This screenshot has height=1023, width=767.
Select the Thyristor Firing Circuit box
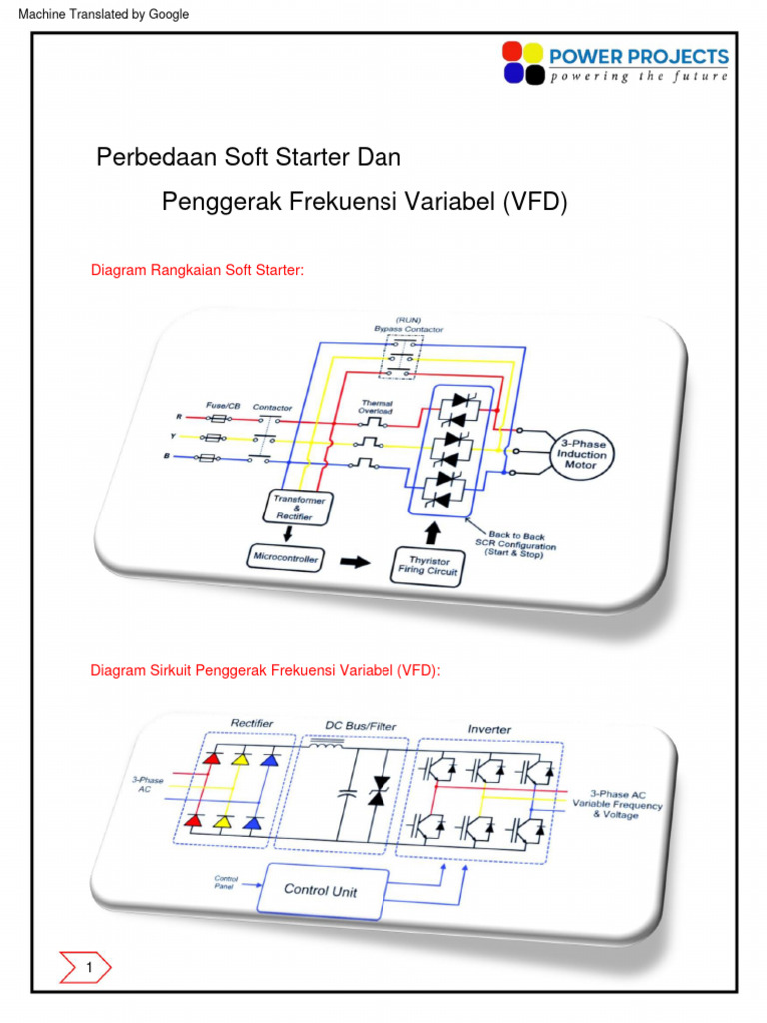click(427, 566)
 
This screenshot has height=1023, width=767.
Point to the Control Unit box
click(320, 889)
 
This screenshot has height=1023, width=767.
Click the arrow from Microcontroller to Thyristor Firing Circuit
click(354, 561)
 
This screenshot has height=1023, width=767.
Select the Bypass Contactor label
click(408, 328)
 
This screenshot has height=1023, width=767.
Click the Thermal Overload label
click(376, 406)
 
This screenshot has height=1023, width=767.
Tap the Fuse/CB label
click(223, 405)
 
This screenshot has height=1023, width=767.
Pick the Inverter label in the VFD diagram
click(489, 729)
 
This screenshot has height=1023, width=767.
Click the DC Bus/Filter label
click(355, 725)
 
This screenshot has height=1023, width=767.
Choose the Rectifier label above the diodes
click(252, 723)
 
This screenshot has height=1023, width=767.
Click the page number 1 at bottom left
click(89, 968)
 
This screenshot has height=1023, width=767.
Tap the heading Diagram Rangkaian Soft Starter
click(197, 270)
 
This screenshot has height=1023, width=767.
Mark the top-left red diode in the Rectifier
click(212, 760)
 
